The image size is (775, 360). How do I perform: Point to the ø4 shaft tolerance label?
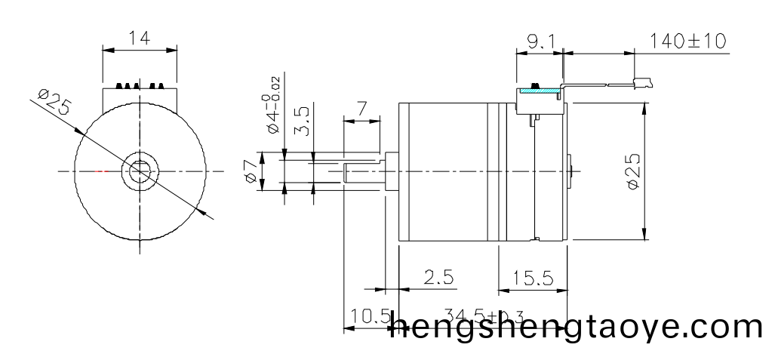point(273,103)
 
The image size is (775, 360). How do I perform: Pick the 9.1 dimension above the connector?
point(540,42)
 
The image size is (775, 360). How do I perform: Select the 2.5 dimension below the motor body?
point(438,277)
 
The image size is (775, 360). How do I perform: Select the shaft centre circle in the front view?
point(140,171)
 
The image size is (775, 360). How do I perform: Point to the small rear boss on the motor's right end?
point(570,171)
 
